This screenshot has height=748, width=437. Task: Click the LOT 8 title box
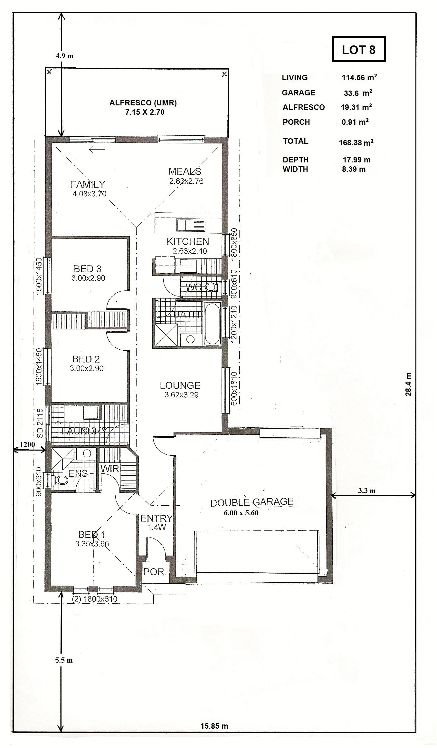point(359,49)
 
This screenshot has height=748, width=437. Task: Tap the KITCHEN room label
point(188,241)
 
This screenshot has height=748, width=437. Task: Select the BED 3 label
point(88,269)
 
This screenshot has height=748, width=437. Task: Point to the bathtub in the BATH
point(212,324)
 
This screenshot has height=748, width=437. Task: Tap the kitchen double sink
point(190,225)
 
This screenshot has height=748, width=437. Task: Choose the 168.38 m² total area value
point(356,142)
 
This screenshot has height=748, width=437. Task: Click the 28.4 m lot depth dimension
point(408,384)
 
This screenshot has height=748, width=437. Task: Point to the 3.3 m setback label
point(367,491)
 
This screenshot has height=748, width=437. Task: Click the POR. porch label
point(155,572)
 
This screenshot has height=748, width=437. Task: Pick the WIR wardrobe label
point(110,469)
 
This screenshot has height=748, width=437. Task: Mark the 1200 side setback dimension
point(27,444)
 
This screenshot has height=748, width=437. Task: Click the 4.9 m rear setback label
point(64,56)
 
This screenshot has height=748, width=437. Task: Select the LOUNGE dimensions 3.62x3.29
point(181,395)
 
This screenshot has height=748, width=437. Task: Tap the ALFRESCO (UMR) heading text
point(143,103)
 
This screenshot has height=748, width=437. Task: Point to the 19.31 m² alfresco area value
point(356,107)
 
